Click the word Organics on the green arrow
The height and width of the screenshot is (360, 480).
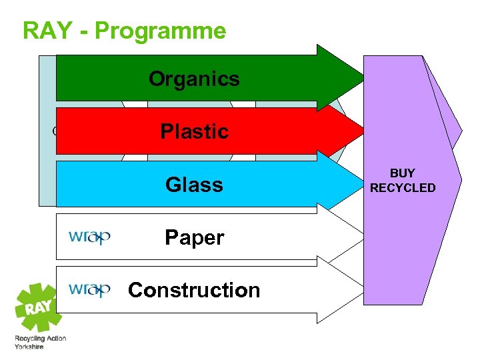[193, 79]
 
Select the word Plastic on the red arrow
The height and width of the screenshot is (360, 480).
[194, 131]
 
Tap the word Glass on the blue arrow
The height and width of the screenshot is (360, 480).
[194, 184]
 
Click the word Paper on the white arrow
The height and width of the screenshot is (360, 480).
[194, 237]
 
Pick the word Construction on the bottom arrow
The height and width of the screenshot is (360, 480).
[194, 290]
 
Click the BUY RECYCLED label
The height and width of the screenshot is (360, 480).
[403, 181]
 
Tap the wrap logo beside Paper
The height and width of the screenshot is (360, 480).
[89, 237]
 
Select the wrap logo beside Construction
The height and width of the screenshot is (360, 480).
[89, 289]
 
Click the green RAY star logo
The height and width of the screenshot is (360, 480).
[39, 309]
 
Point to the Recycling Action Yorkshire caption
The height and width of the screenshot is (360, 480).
[40, 343]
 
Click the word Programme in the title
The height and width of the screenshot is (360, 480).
[159, 31]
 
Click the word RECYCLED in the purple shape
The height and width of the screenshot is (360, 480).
[403, 188]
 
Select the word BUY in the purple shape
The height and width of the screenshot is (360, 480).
[403, 173]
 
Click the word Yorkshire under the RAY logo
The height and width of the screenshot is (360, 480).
[29, 347]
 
